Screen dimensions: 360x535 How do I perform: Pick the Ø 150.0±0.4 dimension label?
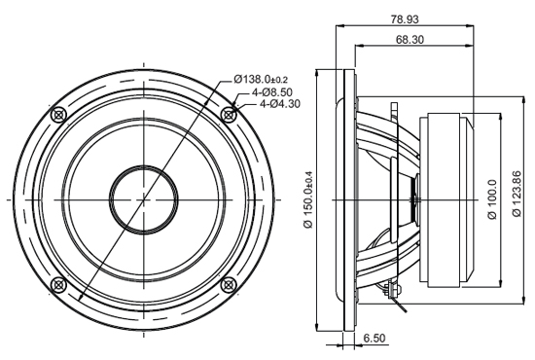coord(308,199)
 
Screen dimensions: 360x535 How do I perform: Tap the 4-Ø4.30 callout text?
coord(277,105)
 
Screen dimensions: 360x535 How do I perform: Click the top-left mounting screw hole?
coord(58,114)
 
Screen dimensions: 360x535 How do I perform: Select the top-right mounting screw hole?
coord(229,114)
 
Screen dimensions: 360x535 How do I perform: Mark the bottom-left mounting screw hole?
coord(58,284)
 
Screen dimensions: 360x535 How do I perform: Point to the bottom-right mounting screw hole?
coord(229,284)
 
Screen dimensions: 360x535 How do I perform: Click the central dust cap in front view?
coord(144,198)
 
